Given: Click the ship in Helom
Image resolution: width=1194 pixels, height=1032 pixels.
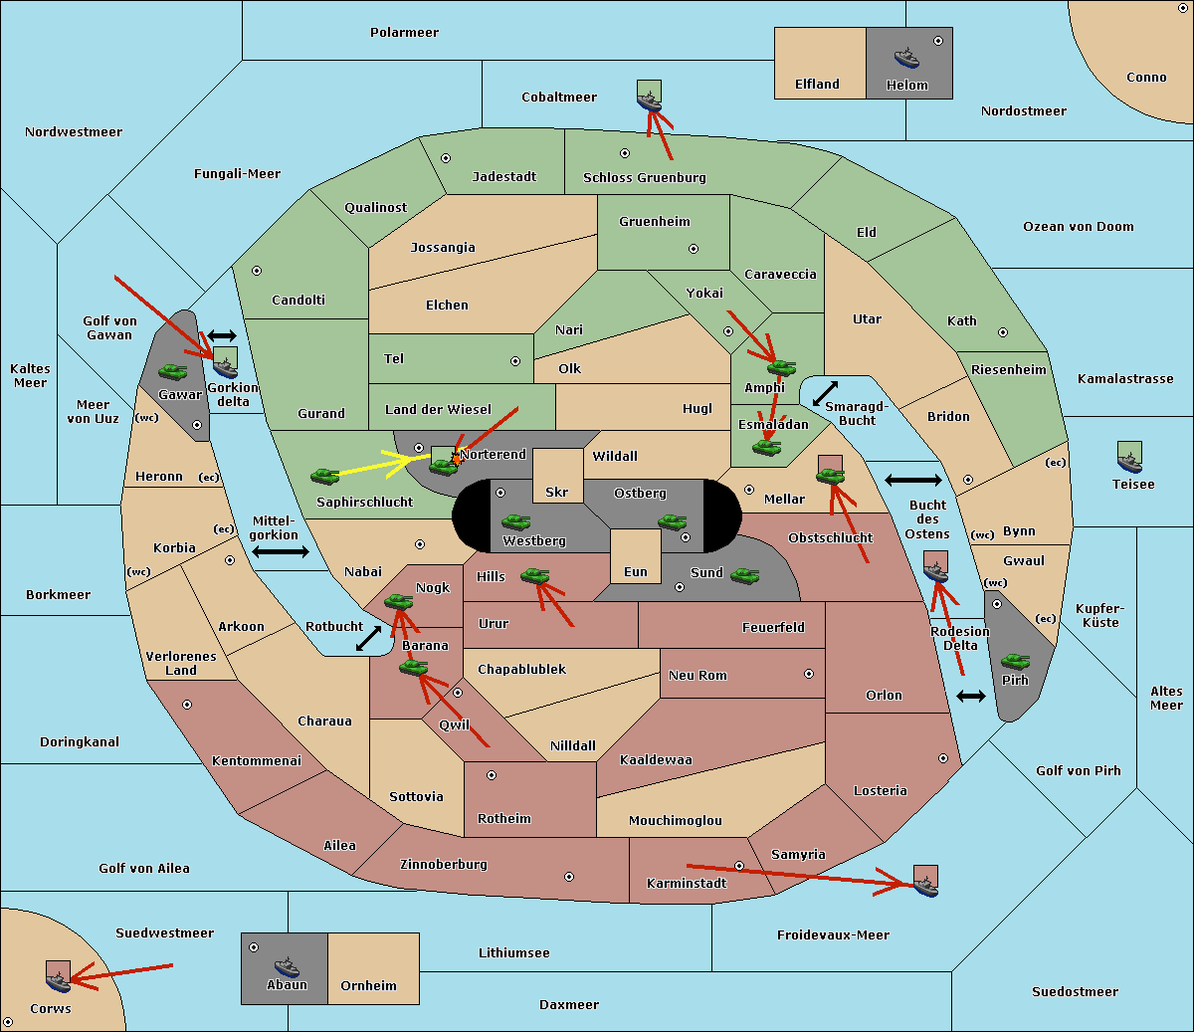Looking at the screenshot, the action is (906, 58).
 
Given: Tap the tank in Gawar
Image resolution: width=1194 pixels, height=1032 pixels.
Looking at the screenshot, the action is (173, 371).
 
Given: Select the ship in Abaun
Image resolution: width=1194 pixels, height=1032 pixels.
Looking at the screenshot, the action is (288, 966).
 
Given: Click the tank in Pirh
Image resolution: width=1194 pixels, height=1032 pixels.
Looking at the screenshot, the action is (1015, 661).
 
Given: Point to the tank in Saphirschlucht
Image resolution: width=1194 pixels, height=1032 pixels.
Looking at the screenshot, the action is (324, 476).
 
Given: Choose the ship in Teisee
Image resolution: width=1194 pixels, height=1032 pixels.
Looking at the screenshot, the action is (1129, 463).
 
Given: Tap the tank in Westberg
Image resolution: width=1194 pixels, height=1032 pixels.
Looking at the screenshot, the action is (515, 522).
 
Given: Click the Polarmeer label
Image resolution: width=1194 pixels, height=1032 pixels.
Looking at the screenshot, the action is (404, 33).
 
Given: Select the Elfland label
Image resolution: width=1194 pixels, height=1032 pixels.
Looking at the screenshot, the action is (817, 85).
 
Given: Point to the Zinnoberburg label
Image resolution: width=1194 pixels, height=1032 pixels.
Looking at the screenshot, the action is (444, 865).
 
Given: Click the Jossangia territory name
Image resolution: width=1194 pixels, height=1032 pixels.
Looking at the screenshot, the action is (443, 248).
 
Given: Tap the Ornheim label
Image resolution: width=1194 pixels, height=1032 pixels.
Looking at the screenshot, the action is (368, 986).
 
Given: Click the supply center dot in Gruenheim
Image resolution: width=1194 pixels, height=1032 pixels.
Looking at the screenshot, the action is (694, 249).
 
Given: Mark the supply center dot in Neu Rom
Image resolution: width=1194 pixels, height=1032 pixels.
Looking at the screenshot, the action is (809, 674).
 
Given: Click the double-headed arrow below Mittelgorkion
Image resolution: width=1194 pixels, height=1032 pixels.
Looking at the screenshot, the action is (281, 552).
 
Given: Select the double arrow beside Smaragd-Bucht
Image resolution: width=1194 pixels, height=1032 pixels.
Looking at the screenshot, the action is (825, 393).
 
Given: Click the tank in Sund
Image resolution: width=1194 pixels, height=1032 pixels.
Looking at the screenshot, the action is (744, 576).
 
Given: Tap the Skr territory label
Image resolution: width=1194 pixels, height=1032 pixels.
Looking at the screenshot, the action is (556, 492).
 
